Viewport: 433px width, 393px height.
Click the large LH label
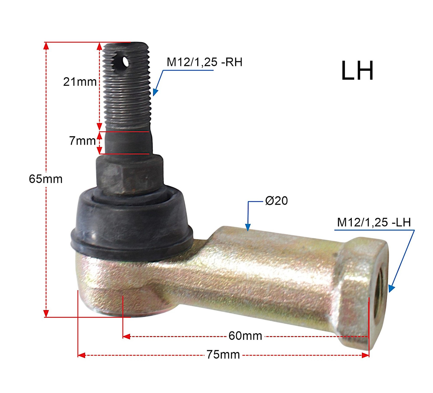[357, 71]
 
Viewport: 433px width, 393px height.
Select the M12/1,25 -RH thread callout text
[204, 62]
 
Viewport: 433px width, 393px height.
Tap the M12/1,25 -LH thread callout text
[374, 222]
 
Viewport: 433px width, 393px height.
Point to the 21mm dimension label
[80, 82]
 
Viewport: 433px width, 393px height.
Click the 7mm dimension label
[83, 141]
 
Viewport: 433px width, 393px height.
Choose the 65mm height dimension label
[46, 179]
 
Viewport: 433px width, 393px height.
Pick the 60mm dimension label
[245, 336]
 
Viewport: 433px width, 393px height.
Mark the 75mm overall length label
[223, 355]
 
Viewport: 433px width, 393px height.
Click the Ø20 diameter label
[276, 201]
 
